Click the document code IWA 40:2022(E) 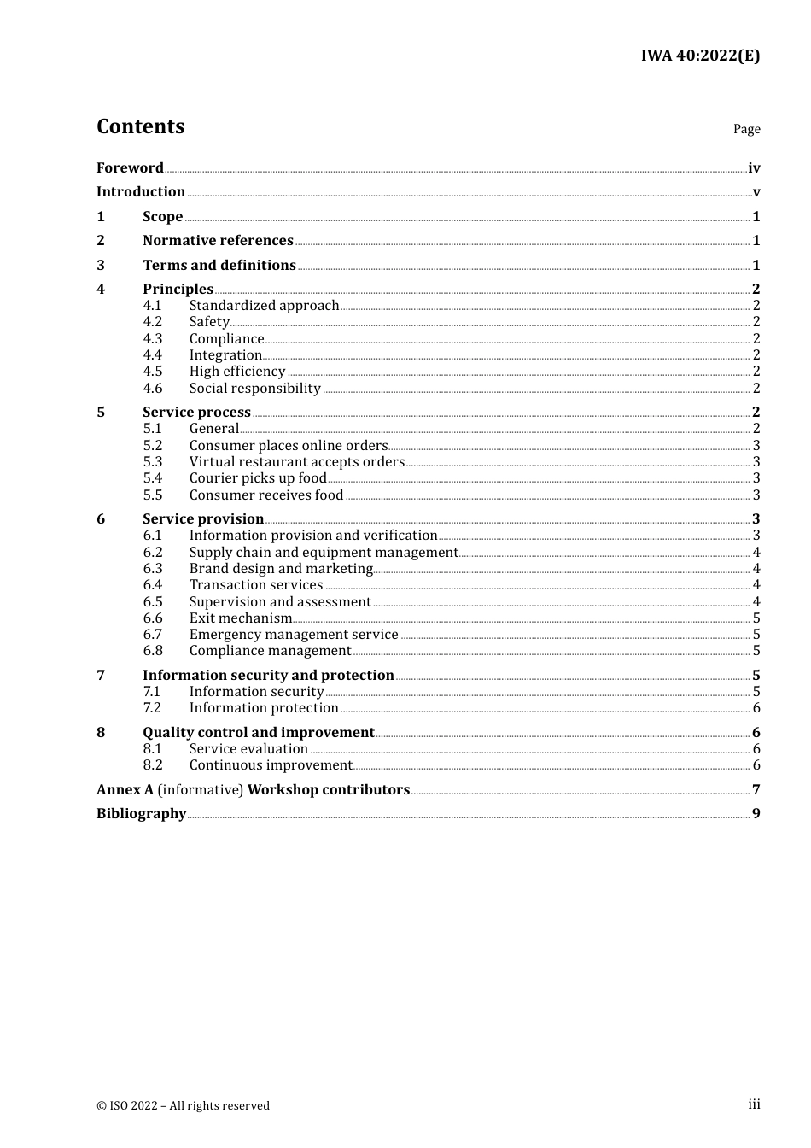pyautogui.click(x=700, y=56)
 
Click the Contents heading pyautogui.click(x=140, y=126)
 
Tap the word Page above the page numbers pyautogui.click(x=746, y=129)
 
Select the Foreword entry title pyautogui.click(x=130, y=167)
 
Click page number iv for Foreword pyautogui.click(x=754, y=168)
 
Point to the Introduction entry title pyautogui.click(x=141, y=191)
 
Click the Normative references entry pyautogui.click(x=218, y=240)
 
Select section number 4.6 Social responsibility pyautogui.click(x=153, y=388)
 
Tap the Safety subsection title pyautogui.click(x=209, y=321)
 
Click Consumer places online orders pyautogui.click(x=288, y=445)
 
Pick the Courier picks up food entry pyautogui.click(x=258, y=477)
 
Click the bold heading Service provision pyautogui.click(x=203, y=518)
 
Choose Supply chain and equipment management pyautogui.click(x=324, y=552)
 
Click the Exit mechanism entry pyautogui.click(x=241, y=618)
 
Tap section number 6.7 pyautogui.click(x=153, y=634)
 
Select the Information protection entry pyautogui.click(x=264, y=707)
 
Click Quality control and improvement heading pyautogui.click(x=259, y=732)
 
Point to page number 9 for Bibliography pyautogui.click(x=756, y=813)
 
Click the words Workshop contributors pyautogui.click(x=329, y=789)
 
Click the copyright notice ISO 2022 pyautogui.click(x=183, y=1105)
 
